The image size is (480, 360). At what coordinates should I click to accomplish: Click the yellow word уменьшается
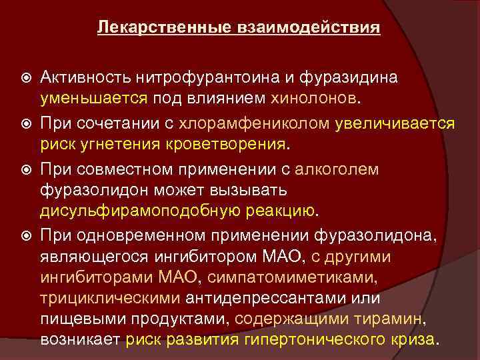pyautogui.click(x=94, y=99)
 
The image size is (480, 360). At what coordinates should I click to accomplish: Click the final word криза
pyautogui.click(x=410, y=339)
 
